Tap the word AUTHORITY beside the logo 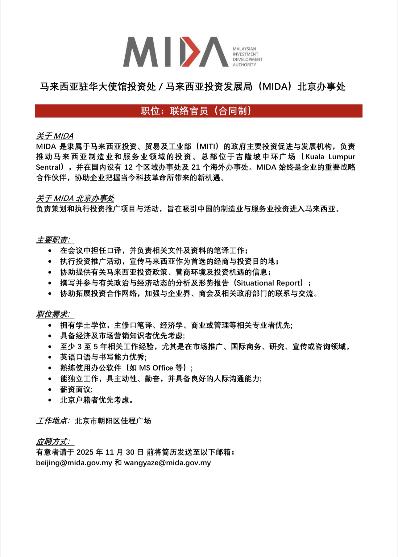coord(244,65)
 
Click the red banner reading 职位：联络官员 coord(198,111)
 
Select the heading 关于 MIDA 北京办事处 coord(75,198)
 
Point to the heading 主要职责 coord(53,240)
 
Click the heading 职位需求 coord(53,314)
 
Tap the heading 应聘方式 coord(53,442)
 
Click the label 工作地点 coord(52,421)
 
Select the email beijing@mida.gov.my coord(74,463)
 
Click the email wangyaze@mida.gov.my coord(167,463)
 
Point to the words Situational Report coord(268,283)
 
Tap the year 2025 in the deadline coord(85,452)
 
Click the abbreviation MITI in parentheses coord(209,146)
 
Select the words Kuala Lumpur coord(330,157)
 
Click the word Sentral coord(49,167)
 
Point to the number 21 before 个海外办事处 coord(196,167)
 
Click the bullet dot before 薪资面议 coord(50,390)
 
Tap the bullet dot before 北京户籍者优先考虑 coord(50,400)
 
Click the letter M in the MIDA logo coord(141,52)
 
